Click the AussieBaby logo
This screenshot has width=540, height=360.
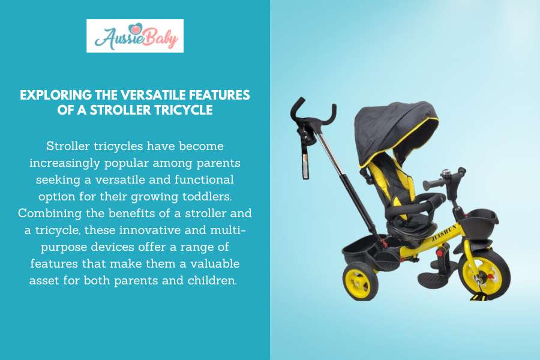point(134,36)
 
